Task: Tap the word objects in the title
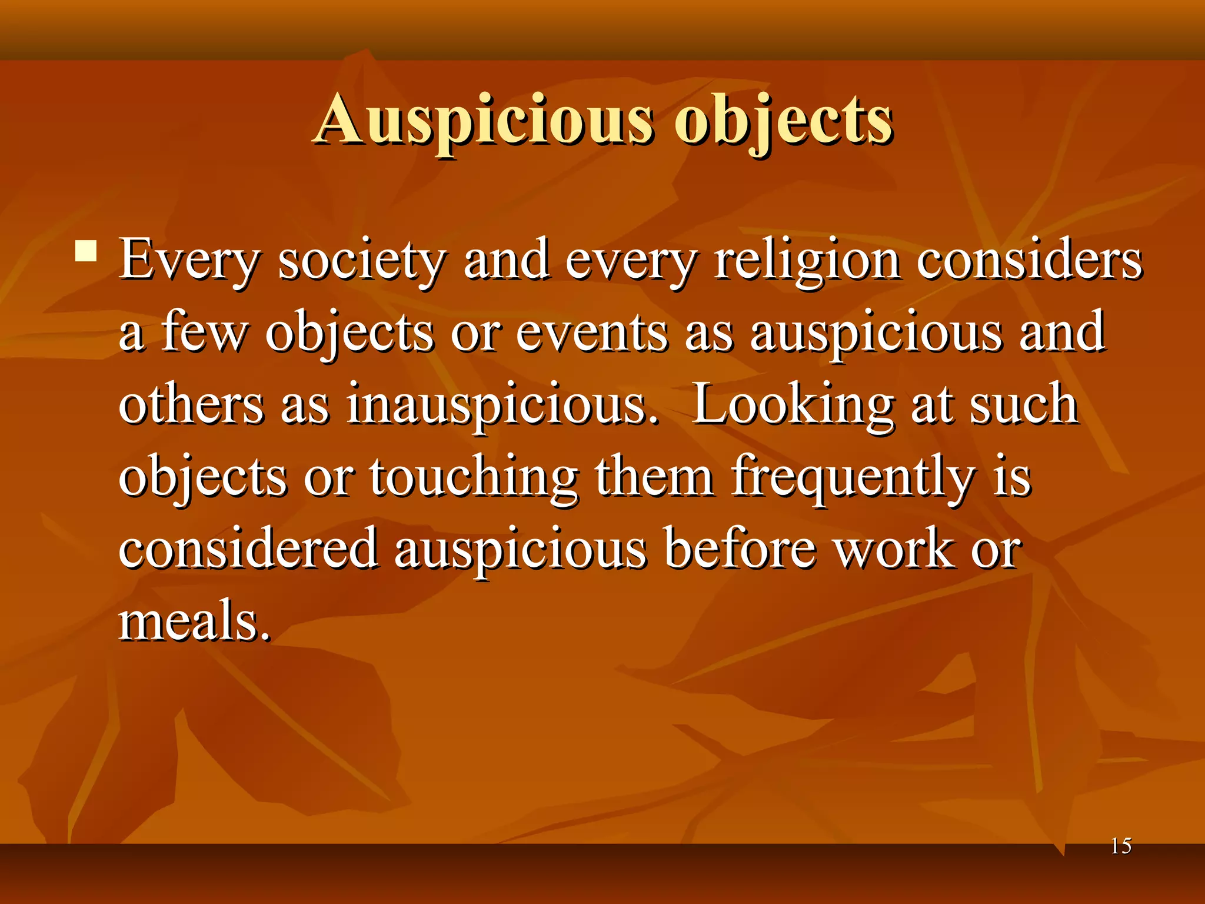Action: point(783,121)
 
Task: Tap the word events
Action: point(592,333)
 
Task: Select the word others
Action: point(191,405)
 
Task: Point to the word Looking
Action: point(792,405)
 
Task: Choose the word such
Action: point(1024,405)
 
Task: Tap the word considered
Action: point(248,549)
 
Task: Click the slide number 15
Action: point(1121,846)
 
